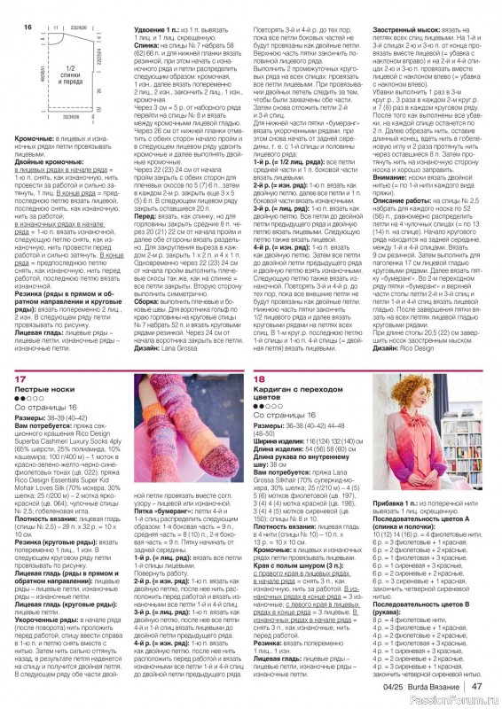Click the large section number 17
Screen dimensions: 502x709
tap(20, 378)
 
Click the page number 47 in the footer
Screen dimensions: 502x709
tap(476, 685)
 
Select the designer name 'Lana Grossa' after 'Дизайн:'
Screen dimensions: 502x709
tap(171, 347)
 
